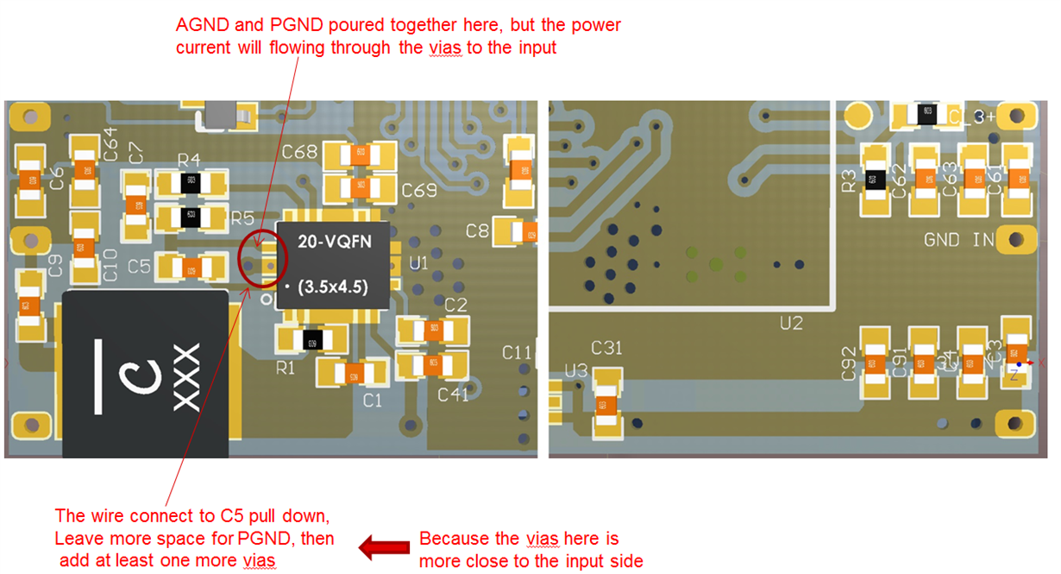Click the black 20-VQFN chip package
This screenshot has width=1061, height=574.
click(x=333, y=265)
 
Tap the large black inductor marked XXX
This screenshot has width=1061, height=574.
click(x=145, y=375)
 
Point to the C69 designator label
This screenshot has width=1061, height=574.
click(x=419, y=191)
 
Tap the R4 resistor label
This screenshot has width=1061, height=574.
click(x=189, y=160)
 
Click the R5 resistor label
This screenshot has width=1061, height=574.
click(x=242, y=217)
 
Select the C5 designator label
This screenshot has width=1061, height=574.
click(x=139, y=267)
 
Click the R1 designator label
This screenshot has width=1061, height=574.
click(x=286, y=369)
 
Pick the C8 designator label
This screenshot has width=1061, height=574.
click(x=477, y=230)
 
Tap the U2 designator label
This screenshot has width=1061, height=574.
click(x=790, y=323)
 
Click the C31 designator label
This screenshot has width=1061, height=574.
click(x=607, y=348)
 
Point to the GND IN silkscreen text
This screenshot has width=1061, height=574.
click(x=959, y=239)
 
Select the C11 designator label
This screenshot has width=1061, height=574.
click(x=517, y=352)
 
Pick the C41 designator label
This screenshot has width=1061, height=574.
click(x=453, y=394)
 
